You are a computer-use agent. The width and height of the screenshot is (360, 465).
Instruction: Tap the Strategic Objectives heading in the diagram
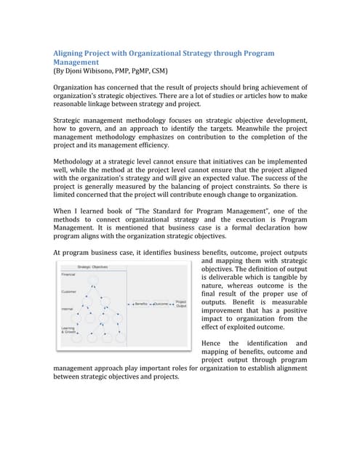coord(93,267)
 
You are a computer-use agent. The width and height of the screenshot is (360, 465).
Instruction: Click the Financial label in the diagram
coord(68,275)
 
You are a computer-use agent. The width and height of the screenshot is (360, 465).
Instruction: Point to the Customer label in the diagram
coord(68,292)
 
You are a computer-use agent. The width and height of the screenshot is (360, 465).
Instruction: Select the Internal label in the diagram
coord(66,309)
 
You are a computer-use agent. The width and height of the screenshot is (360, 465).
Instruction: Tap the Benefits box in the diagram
coord(140,304)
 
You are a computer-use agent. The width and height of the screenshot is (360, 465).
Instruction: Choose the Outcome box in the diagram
coord(161,304)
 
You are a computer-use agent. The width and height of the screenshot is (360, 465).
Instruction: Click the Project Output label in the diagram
coord(182,304)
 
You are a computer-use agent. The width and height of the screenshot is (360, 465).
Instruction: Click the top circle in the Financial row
coord(92,279)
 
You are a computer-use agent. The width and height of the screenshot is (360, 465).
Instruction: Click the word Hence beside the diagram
coord(212,343)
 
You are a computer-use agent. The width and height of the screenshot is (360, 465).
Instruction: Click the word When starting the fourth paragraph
coord(65,211)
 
